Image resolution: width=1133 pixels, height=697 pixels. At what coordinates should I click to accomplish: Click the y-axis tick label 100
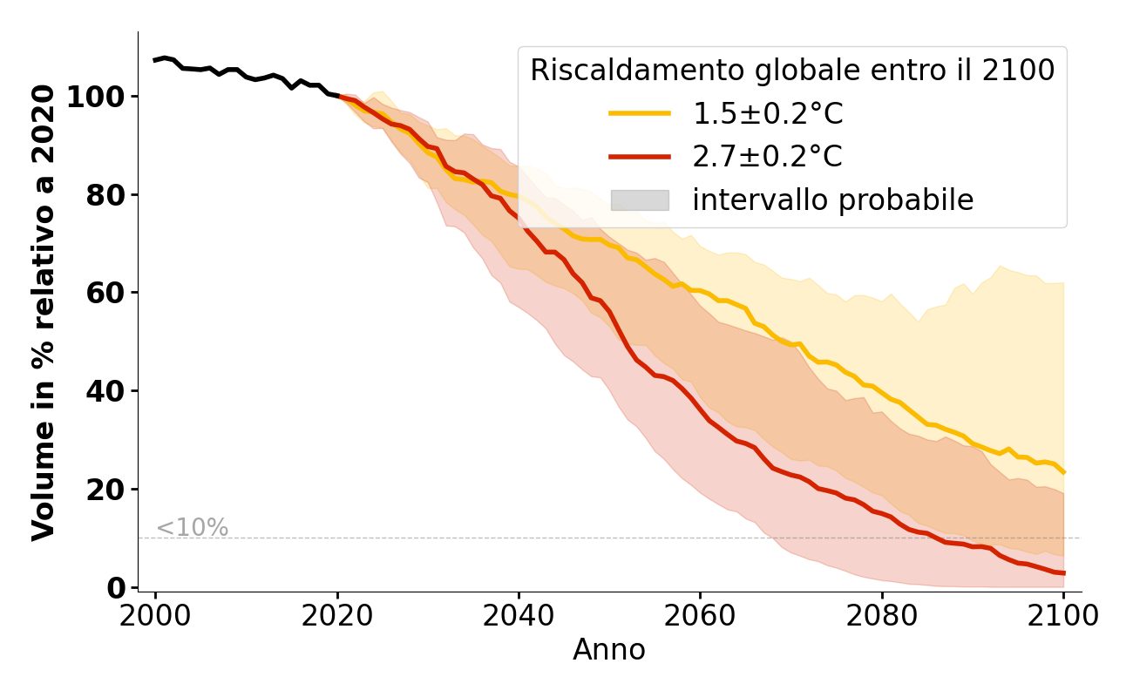pyautogui.click(x=97, y=97)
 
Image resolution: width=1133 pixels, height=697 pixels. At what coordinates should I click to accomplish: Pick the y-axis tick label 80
pyautogui.click(x=105, y=195)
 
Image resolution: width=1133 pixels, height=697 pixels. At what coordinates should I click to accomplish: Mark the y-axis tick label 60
pyautogui.click(x=105, y=293)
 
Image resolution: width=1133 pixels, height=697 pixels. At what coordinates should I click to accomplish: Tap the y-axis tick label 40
pyautogui.click(x=105, y=391)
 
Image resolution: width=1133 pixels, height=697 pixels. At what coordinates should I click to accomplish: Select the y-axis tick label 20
pyautogui.click(x=105, y=490)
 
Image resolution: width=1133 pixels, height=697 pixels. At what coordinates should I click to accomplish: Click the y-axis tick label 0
pyautogui.click(x=115, y=588)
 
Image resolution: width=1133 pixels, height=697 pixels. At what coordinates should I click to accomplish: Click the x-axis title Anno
pyautogui.click(x=609, y=651)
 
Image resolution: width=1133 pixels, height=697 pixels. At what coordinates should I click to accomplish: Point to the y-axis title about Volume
pyautogui.click(x=44, y=312)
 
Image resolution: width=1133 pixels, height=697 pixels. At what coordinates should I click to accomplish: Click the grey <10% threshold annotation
pyautogui.click(x=192, y=528)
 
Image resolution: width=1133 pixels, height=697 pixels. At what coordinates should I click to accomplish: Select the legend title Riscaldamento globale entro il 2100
pyautogui.click(x=792, y=71)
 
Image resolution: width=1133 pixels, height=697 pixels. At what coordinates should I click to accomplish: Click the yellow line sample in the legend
pyautogui.click(x=640, y=113)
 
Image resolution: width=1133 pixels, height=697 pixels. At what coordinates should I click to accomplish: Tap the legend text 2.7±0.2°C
pyautogui.click(x=767, y=157)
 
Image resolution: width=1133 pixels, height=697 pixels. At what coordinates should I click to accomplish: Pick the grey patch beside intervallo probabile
pyautogui.click(x=640, y=200)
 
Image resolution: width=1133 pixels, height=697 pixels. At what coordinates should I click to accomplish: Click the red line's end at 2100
pyautogui.click(x=1063, y=573)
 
